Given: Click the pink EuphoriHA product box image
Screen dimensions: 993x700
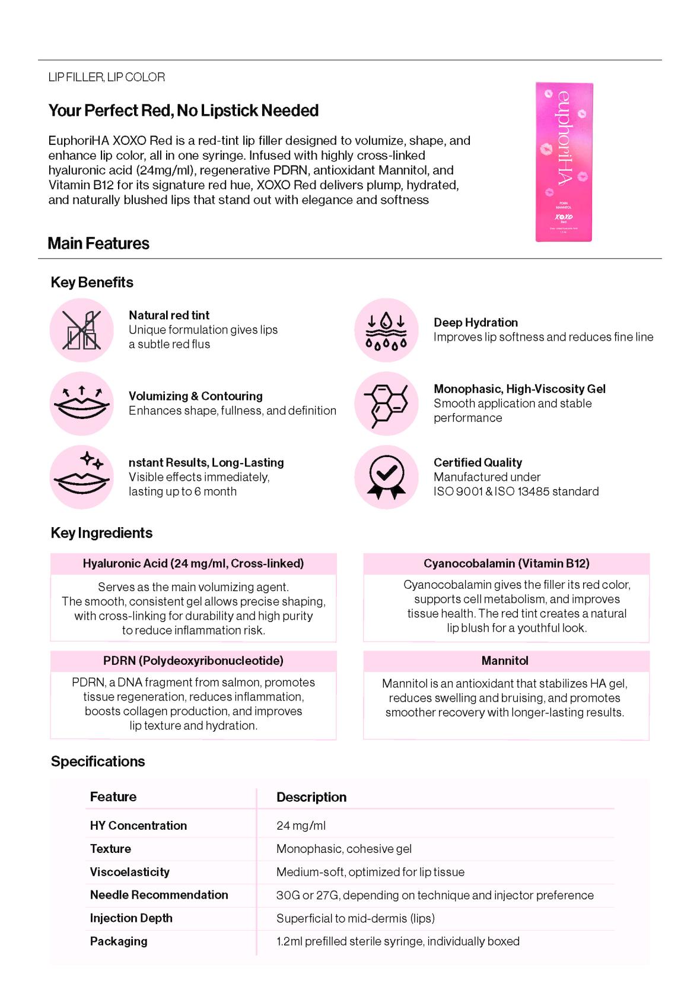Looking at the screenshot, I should coord(564,162).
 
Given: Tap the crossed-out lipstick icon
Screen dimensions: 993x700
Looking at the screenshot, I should coord(82,330).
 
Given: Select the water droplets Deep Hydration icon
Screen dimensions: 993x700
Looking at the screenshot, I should coord(386,330).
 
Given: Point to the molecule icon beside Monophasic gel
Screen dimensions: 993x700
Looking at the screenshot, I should coord(386,404).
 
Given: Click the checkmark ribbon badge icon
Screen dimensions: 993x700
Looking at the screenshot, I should coord(386,477).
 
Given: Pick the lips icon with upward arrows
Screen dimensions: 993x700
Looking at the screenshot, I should coord(82,404).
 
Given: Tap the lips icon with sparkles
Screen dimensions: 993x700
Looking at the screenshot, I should coord(82,477).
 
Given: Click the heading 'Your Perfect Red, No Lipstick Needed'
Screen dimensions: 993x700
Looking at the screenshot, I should coord(183,110).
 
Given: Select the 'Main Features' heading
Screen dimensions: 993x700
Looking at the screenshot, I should coord(98,243).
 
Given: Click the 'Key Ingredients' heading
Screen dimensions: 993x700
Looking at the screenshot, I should coord(101,533).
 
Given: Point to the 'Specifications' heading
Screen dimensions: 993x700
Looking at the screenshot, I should coord(98,762).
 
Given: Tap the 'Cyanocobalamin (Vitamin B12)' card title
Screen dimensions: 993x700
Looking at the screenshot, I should coord(506,563).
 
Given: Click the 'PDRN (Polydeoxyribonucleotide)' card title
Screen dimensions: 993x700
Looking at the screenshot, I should coord(193,661).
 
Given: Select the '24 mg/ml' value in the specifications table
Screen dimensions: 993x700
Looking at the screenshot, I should coord(301,826).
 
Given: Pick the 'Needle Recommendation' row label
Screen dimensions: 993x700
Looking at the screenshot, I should coord(159,895).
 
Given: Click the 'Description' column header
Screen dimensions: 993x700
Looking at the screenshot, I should coord(311,797).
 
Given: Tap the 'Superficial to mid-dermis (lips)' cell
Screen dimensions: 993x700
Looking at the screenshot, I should coord(355,918).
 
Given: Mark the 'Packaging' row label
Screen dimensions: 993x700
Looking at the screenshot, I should coord(119,941).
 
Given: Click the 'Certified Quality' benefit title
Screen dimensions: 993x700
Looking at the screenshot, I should coord(478,462).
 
